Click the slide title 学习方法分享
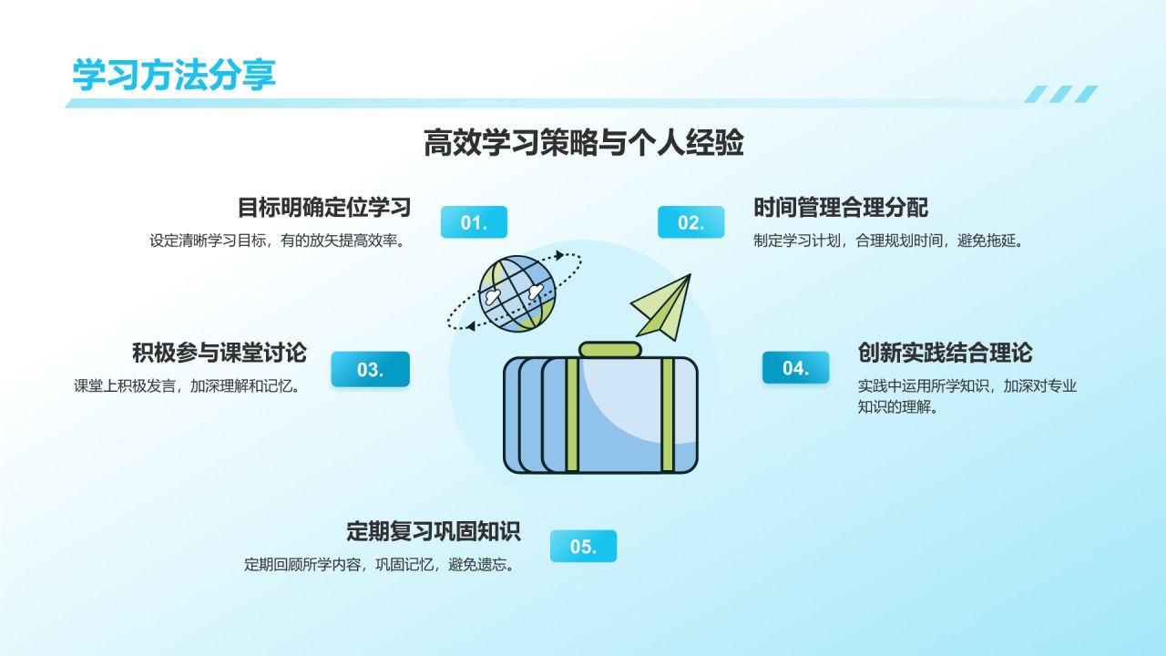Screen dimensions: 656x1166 point(174,75)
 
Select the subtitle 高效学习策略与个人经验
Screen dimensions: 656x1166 point(583,143)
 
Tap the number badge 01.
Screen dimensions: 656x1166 point(474,222)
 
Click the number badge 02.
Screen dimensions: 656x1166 point(690,222)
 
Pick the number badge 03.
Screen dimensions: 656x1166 point(370,369)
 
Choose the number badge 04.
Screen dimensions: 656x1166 point(795,368)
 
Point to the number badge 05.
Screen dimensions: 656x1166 point(583,546)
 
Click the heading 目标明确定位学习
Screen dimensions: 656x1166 point(324,208)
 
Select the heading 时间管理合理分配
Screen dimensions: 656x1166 point(840,208)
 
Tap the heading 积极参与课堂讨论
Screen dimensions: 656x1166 point(219,353)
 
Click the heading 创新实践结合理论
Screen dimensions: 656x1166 point(945,353)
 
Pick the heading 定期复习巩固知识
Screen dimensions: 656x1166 point(433,530)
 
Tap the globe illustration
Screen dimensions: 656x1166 point(517,293)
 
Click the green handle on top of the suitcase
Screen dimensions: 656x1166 point(610,349)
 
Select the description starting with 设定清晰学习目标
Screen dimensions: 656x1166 point(277,241)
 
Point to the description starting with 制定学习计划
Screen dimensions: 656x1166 point(889,241)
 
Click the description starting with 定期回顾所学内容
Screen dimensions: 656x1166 point(381,564)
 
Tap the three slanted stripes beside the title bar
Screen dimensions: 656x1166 point(1060,94)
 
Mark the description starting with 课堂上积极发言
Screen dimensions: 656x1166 point(187,385)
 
